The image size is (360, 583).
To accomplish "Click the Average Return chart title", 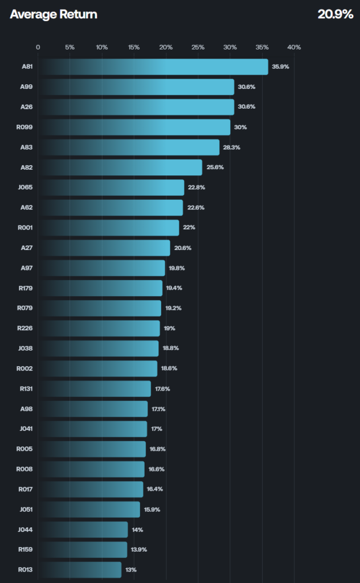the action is coord(54,14).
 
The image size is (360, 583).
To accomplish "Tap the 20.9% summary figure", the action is coord(335,14).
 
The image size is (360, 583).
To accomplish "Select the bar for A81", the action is coord(153,67).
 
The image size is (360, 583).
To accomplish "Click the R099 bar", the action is coord(134,127).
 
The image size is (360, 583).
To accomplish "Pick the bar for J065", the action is coord(111,187).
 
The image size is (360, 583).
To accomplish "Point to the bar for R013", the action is coord(80,569).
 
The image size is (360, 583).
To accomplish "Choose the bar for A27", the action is coord(104,248).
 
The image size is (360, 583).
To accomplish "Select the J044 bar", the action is coord(83,529).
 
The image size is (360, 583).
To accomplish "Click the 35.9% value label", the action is coord(280,67).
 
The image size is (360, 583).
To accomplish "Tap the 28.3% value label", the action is coord(232,147).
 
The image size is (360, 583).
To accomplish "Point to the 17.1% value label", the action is coord(158,409).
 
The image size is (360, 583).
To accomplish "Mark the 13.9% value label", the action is coord(139,549).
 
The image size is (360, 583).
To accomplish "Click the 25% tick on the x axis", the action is coord(198,47).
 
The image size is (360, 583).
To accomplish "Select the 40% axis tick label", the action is coord(294,47).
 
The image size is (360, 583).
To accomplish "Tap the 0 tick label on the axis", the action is coord(38,47).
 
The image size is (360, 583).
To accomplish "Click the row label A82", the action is coord(26,167).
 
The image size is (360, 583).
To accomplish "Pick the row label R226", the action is coord(25,328).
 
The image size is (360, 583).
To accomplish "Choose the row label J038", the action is coord(25,348).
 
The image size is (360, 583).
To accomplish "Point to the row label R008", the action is coord(24,469).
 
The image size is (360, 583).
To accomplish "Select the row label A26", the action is coord(26,106).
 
